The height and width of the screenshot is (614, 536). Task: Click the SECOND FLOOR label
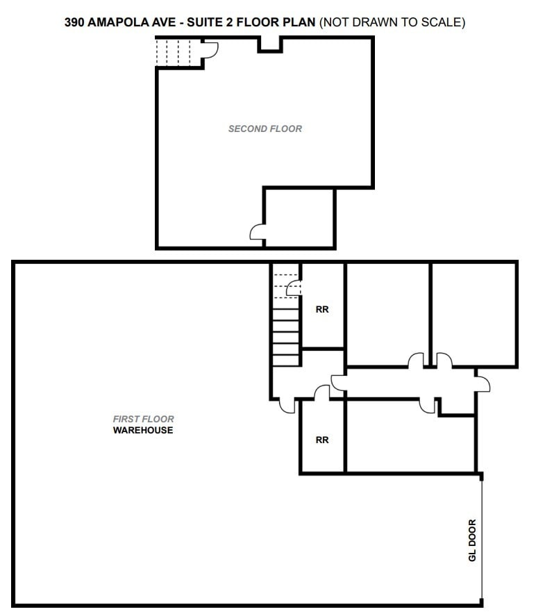pos(265,128)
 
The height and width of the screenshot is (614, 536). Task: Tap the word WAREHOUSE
pos(143,431)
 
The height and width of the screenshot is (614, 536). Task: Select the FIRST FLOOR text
pos(143,420)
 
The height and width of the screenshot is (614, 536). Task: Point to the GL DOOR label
pos(473,540)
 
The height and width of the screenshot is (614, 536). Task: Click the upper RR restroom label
pos(322,310)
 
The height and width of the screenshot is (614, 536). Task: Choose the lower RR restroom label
pos(322,440)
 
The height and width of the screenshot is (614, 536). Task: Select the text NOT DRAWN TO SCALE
pos(392,22)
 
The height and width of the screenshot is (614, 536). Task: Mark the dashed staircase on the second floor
pos(174,52)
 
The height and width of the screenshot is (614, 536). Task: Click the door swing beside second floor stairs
pos(210,49)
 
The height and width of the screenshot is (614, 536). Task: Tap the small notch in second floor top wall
pos(270,44)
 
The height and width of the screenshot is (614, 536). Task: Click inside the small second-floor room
pos(300,217)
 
